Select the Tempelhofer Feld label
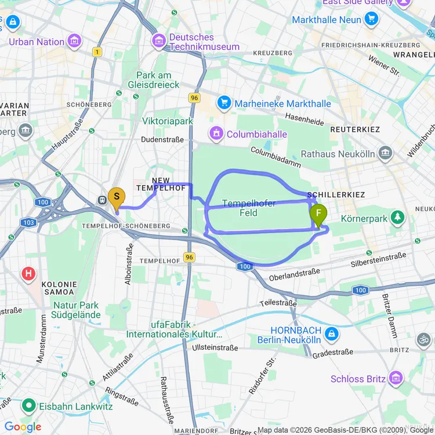[x=240, y=209]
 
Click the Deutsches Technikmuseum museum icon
[x=158, y=41]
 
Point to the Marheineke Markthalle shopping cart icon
[x=224, y=103]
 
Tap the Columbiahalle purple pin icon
[x=216, y=134]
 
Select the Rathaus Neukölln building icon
[x=385, y=154]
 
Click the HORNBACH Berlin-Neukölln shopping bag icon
[x=331, y=334]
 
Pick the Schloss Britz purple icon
[x=396, y=378]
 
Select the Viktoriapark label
[x=167, y=121]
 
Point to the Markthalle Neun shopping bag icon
[x=371, y=19]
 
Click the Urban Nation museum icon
[x=74, y=41]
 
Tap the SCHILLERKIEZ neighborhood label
[x=336, y=195]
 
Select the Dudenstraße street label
[x=162, y=140]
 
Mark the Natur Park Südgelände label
[x=76, y=311]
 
